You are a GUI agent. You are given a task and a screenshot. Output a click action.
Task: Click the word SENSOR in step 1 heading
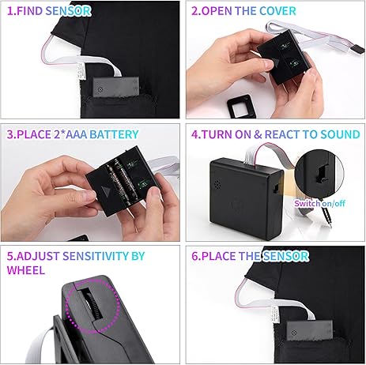coord(68,11)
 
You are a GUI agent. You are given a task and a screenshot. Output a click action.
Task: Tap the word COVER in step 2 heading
coord(277,11)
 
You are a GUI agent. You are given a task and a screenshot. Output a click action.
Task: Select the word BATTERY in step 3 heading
coord(114,134)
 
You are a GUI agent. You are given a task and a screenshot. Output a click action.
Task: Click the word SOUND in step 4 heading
coord(340,134)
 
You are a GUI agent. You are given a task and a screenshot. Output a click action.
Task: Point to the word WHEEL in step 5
coord(26,270)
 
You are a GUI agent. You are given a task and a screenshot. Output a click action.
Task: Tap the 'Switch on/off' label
coord(319,203)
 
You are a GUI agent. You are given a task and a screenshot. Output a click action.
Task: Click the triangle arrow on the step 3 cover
coord(106,191)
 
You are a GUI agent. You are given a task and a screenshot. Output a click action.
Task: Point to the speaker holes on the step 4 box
coord(217,184)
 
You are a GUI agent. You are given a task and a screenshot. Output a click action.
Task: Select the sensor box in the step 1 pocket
coord(115,87)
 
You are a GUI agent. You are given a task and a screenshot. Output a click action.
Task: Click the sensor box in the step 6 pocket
coord(309,330)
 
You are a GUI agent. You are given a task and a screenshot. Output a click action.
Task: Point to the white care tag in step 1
coord(81,70)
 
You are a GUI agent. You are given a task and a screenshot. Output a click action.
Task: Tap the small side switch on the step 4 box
coord(275,188)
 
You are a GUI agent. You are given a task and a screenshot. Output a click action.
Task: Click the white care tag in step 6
coord(274,314)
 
